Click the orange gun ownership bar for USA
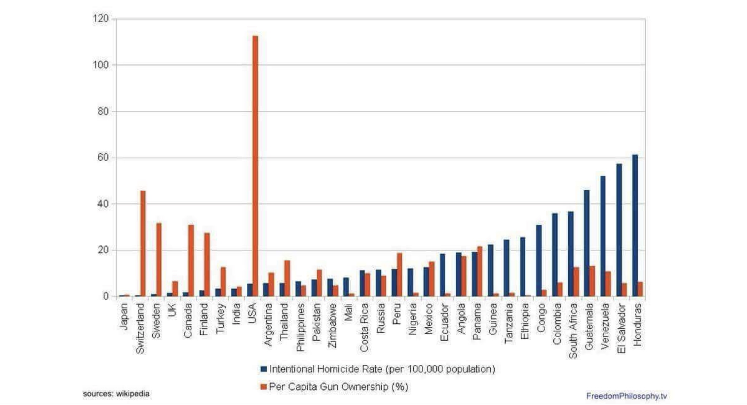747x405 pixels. coord(255,166)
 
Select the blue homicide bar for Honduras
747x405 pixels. coord(635,226)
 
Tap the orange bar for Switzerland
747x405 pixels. coord(143,243)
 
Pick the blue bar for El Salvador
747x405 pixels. coord(619,230)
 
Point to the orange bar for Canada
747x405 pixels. coord(191,260)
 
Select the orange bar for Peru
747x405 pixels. coord(399,275)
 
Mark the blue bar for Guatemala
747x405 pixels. coord(587,243)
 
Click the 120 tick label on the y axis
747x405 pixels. coord(101,19)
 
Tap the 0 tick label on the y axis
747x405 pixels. coord(106,297)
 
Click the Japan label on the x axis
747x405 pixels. coord(124,317)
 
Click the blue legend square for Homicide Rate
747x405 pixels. coord(264,369)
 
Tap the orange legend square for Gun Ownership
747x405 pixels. coord(264,387)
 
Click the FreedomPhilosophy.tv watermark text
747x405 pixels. coord(626,396)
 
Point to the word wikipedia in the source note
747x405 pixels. coord(132,394)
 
